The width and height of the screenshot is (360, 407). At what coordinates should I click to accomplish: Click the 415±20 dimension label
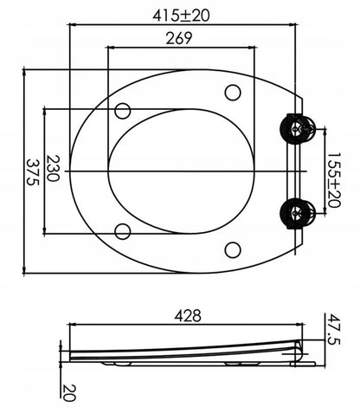(x=181, y=16)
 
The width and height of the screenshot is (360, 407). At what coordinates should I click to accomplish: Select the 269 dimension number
(x=179, y=38)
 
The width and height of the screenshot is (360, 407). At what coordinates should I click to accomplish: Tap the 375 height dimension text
(x=32, y=171)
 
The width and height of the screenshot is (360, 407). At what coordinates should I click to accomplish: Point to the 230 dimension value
(x=53, y=168)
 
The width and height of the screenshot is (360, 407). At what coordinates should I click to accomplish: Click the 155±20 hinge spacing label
(x=334, y=180)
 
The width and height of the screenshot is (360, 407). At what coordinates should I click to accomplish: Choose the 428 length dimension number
(x=188, y=316)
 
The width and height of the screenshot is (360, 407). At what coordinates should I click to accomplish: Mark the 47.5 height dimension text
(x=334, y=329)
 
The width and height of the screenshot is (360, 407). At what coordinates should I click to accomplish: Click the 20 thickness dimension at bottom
(x=68, y=393)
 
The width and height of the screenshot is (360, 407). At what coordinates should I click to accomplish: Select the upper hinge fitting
(x=298, y=129)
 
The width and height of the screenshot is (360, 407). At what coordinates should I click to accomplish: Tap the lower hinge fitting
(x=298, y=213)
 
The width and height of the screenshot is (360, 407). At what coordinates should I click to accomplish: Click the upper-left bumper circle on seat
(x=123, y=111)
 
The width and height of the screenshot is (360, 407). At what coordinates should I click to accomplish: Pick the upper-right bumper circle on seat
(x=233, y=93)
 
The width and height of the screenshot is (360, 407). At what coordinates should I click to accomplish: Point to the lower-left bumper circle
(x=123, y=231)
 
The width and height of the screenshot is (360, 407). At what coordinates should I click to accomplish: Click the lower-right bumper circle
(x=233, y=250)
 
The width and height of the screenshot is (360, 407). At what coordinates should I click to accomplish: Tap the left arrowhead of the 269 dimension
(x=110, y=48)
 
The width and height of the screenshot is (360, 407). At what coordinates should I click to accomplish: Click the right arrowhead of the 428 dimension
(x=300, y=325)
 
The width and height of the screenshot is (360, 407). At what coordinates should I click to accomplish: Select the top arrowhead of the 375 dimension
(x=24, y=71)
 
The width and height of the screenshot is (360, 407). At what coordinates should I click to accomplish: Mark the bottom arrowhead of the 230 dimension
(x=45, y=230)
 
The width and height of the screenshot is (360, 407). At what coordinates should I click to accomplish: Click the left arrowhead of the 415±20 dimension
(x=73, y=25)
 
